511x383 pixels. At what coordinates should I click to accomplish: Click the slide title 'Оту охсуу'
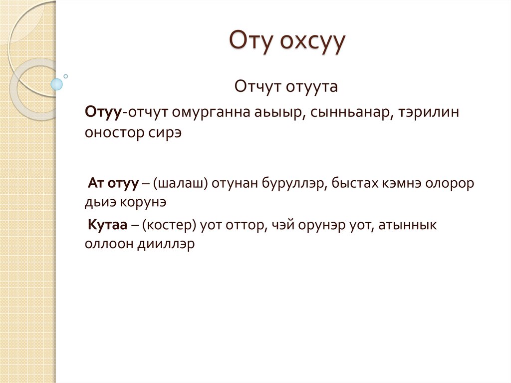[286, 42]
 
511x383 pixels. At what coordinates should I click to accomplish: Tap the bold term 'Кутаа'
[107, 225]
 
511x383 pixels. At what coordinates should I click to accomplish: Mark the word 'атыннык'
[408, 225]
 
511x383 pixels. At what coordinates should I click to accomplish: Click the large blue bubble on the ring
[57, 84]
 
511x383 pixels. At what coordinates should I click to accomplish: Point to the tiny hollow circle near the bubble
[65, 76]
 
